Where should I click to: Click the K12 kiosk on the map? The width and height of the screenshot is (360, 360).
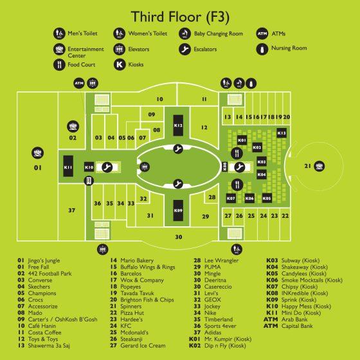pyautogui.click(x=178, y=125)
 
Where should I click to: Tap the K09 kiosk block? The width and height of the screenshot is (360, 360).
pyautogui.click(x=178, y=210)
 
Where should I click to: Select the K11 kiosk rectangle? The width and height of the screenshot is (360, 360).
pyautogui.click(x=68, y=166)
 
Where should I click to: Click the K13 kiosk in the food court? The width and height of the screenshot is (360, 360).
pyautogui.click(x=282, y=133)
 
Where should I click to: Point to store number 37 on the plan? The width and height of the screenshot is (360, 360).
pyautogui.click(x=71, y=210)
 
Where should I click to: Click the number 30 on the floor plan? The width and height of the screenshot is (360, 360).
pyautogui.click(x=179, y=237)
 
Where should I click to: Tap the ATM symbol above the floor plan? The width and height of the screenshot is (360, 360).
pyautogui.click(x=79, y=83)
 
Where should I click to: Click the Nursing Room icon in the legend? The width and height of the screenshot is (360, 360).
pyautogui.click(x=262, y=49)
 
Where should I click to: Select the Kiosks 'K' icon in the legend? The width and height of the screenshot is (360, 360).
pyautogui.click(x=120, y=64)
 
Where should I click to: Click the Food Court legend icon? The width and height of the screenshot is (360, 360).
pyautogui.click(x=59, y=64)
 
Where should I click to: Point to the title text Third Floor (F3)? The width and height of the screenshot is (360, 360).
pyautogui.click(x=180, y=17)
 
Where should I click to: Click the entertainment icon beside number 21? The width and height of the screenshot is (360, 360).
pyautogui.click(x=319, y=166)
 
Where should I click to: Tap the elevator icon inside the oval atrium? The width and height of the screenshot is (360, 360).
pyautogui.click(x=145, y=166)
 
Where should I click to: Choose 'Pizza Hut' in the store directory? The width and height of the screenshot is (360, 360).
pyautogui.click(x=132, y=312)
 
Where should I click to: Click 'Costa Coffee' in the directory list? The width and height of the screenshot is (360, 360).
pyautogui.click(x=44, y=332)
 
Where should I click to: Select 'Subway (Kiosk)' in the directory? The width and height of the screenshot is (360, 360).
pyautogui.click(x=300, y=260)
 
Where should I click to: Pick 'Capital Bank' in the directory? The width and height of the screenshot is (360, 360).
pyautogui.click(x=297, y=326)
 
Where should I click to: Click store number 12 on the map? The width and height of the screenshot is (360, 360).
pyautogui.click(x=204, y=127)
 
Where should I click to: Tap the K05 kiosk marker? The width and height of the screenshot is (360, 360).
pyautogui.click(x=267, y=198)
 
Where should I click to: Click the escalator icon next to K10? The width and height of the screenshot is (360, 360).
pyautogui.click(x=107, y=167)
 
